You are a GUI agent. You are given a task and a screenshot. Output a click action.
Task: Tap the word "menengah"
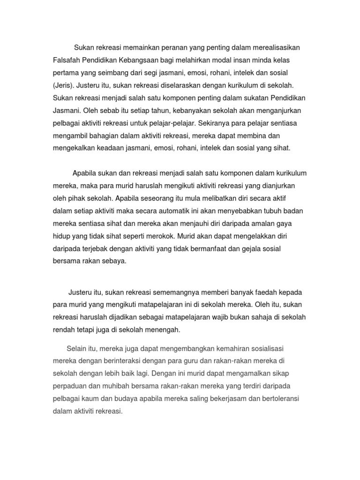pyautogui.click(x=164, y=330)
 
